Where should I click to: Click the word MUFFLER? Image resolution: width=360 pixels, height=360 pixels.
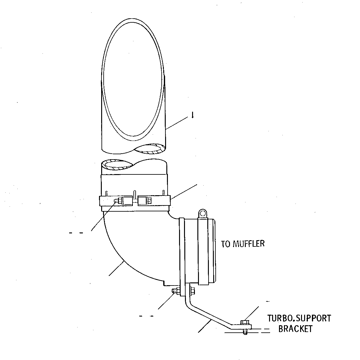pos(249,244)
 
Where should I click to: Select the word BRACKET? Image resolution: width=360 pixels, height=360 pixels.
pos(295,329)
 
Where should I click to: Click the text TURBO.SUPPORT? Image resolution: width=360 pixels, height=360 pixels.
pos(299,318)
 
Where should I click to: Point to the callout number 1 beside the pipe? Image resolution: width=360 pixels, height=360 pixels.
pos(193,115)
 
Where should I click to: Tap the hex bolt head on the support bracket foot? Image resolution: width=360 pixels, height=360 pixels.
pos(245,322)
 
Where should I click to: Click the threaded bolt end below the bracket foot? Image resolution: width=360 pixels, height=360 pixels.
pos(245,332)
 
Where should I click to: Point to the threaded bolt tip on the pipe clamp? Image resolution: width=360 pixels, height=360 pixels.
pos(116,201)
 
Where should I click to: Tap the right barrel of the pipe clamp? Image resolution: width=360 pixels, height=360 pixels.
pos(144,201)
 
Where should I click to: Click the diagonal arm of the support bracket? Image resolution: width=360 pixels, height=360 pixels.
pos(210,315)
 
